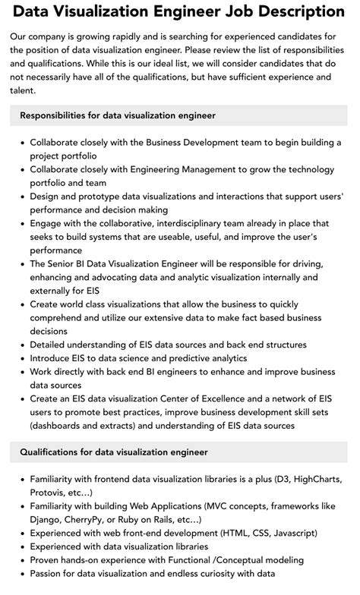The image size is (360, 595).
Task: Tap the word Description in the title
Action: coord(298,12)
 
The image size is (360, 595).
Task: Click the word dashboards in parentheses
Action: coord(61,426)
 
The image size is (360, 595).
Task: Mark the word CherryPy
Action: coord(97,520)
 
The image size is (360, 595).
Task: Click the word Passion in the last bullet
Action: coord(49,574)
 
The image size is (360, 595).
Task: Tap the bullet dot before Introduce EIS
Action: coord(22,358)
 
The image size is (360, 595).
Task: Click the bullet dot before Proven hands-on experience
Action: coord(22,560)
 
